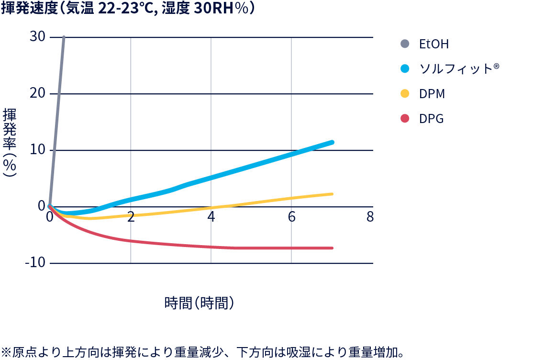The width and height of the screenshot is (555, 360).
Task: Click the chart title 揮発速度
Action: (x=127, y=10)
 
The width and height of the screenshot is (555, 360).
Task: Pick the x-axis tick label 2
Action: (x=131, y=217)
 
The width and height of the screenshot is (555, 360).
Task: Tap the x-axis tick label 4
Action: (x=211, y=217)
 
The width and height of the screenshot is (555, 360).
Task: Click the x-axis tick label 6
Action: (x=291, y=217)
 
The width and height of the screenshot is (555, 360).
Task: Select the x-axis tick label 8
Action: (x=370, y=217)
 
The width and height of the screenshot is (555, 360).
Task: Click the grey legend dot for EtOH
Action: (x=405, y=44)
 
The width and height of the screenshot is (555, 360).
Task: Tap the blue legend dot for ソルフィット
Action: (x=405, y=69)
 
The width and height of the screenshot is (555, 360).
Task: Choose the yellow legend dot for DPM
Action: (x=405, y=94)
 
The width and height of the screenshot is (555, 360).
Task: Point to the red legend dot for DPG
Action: (x=405, y=119)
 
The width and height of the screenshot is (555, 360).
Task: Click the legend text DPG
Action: (x=432, y=119)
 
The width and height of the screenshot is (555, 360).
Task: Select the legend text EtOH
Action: (x=434, y=44)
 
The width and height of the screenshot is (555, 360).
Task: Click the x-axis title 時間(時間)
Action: (x=199, y=303)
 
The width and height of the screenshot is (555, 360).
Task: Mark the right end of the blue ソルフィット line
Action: (x=332, y=142)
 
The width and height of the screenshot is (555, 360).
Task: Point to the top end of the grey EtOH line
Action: (x=64, y=37)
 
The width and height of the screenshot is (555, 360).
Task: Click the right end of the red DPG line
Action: (x=332, y=248)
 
